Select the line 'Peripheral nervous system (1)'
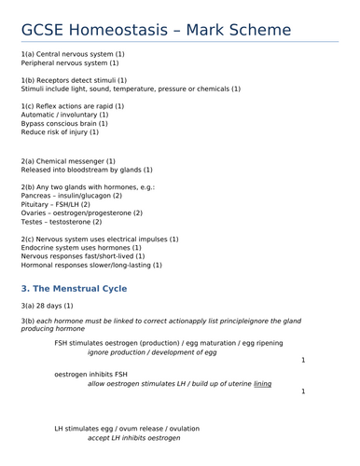pos(69,63)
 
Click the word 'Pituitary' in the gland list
pos(36,204)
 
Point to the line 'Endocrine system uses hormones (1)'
pos(81,248)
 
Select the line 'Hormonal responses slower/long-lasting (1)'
pos(91,265)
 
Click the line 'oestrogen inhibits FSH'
pos(91,374)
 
